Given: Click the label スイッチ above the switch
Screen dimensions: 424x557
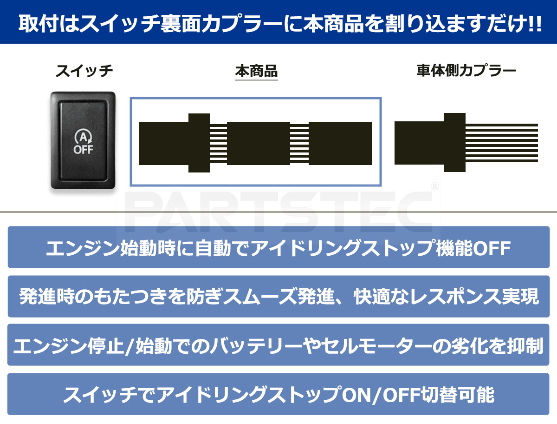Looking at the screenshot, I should pyautogui.click(x=84, y=71).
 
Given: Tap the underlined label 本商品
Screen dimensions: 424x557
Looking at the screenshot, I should pyautogui.click(x=256, y=72).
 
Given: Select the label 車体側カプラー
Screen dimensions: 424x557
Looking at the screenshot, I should pyautogui.click(x=466, y=71).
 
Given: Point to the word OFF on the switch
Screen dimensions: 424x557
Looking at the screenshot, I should pyautogui.click(x=83, y=150).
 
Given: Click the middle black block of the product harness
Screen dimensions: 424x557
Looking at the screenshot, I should pyautogui.click(x=258, y=143).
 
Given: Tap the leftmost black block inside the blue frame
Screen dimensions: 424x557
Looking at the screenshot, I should pyautogui.click(x=163, y=143).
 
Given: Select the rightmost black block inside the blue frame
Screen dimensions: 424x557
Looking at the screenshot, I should pyautogui.click(x=340, y=143).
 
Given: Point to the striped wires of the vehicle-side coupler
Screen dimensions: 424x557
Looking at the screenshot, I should pyautogui.click(x=501, y=143).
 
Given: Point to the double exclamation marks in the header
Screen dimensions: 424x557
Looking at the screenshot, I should pyautogui.click(x=534, y=24).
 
